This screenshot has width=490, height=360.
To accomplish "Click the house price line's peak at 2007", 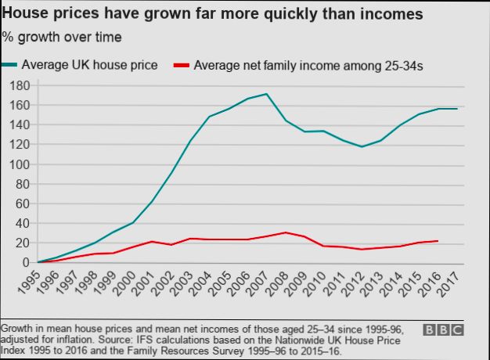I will [x=268, y=94].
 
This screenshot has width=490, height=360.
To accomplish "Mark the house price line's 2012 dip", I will [x=362, y=146].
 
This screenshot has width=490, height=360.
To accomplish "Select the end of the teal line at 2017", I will [x=457, y=109].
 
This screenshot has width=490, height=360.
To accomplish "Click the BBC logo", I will [x=443, y=330].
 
